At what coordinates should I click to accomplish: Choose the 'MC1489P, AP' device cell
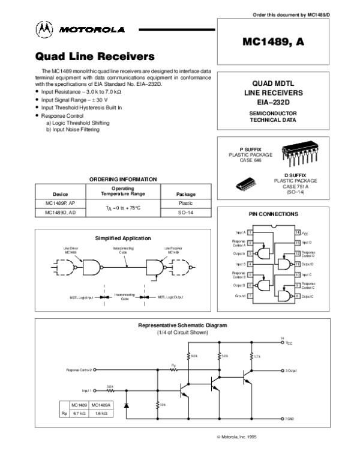pyautogui.click(x=61, y=204)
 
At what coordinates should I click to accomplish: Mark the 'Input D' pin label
pyautogui.click(x=307, y=242)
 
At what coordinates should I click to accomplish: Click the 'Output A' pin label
pyautogui.click(x=239, y=253)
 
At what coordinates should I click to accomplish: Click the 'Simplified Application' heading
pyautogui.click(x=123, y=238)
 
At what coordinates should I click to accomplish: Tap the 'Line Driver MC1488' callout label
pyautogui.click(x=71, y=250)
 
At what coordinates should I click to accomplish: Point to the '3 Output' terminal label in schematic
pyautogui.click(x=290, y=371)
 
